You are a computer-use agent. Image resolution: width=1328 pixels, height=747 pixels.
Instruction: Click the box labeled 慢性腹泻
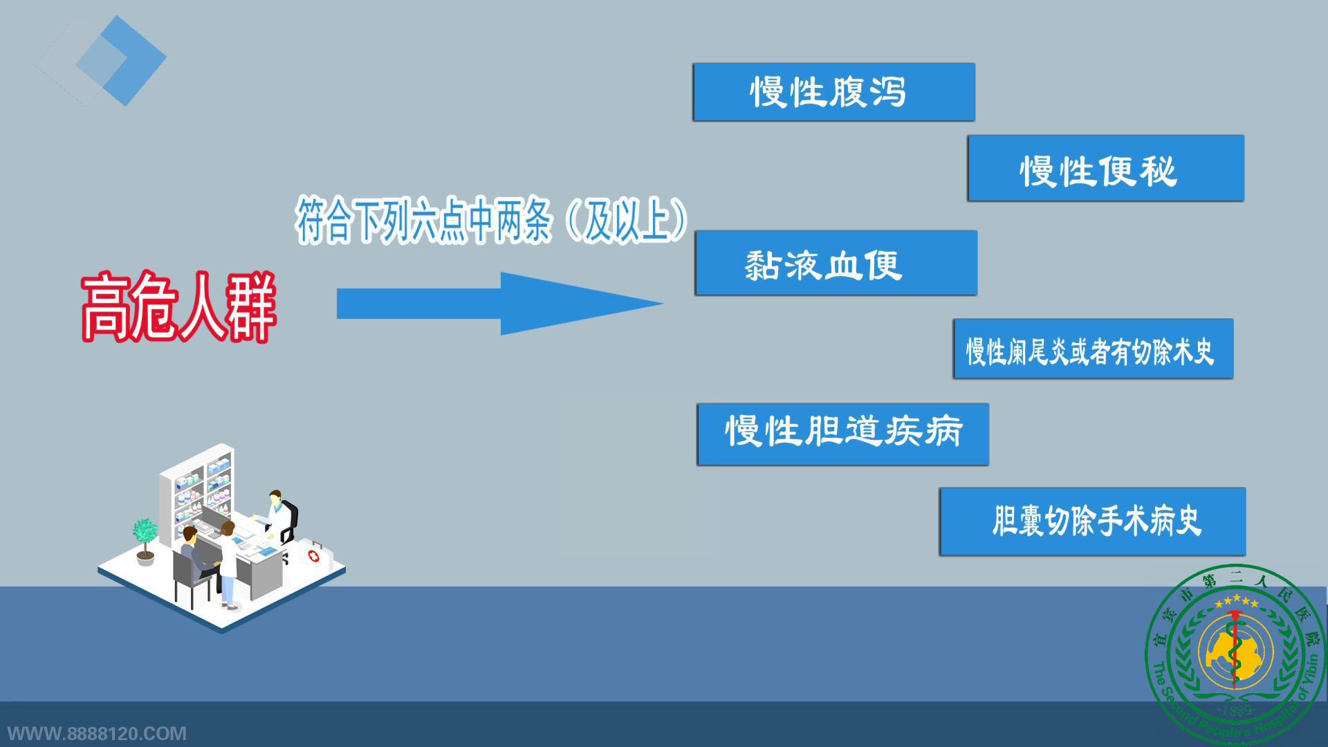(x=834, y=92)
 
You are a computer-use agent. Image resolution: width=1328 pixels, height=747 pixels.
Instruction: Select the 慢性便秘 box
(x=1105, y=169)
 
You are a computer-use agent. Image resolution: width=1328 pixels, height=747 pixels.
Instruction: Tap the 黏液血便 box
(x=836, y=264)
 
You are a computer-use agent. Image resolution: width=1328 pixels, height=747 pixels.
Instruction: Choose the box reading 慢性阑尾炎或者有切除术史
(x=1093, y=349)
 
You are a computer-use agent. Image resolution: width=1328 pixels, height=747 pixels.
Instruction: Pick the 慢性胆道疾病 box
(x=843, y=434)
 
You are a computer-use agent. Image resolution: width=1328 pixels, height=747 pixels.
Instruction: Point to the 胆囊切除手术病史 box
(x=1093, y=522)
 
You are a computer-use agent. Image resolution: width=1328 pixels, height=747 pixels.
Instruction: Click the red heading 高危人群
(x=178, y=307)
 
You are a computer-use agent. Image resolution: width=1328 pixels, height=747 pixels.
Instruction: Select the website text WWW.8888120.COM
(x=97, y=733)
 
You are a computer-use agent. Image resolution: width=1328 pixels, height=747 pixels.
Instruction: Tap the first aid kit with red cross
(x=315, y=554)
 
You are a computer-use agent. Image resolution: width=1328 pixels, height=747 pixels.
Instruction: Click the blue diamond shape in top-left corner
(x=121, y=60)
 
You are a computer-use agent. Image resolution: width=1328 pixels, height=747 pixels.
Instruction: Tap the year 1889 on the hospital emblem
(x=1237, y=710)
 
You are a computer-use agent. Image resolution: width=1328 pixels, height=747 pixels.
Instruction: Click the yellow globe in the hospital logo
(x=1235, y=652)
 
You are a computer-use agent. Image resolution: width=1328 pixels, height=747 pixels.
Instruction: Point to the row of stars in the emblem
(x=1237, y=601)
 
